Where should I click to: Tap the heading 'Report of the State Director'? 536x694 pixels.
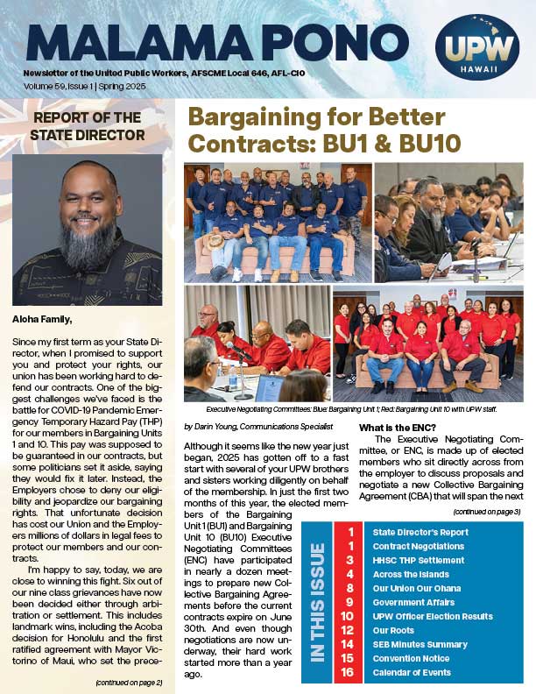tap(88, 126)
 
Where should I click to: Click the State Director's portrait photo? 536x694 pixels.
tap(88, 230)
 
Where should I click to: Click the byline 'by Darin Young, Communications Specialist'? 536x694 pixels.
tap(258, 426)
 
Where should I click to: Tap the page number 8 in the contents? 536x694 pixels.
tap(349, 588)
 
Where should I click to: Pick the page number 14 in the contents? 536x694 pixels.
tap(349, 644)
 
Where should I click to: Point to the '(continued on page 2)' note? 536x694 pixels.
tap(130, 681)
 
